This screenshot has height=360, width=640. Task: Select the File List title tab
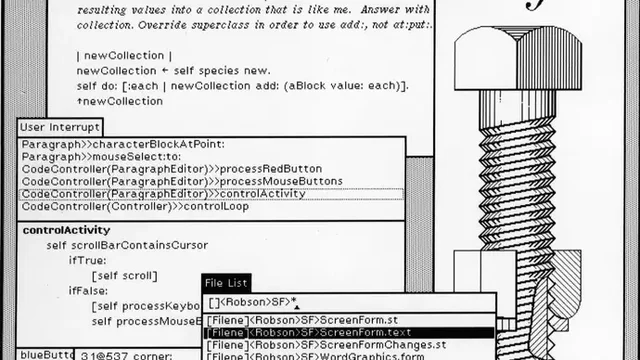coord(226,284)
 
